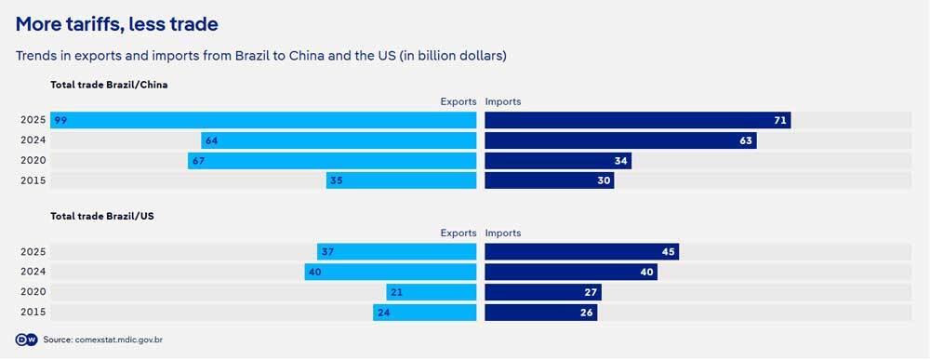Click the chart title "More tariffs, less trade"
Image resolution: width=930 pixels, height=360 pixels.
click(x=117, y=25)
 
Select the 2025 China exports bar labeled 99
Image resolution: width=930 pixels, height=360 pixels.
click(x=263, y=120)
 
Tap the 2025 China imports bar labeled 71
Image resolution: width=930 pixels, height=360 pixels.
click(x=638, y=120)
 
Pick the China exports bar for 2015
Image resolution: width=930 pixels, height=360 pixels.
click(x=401, y=180)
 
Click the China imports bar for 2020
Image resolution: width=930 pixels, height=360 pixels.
click(x=558, y=160)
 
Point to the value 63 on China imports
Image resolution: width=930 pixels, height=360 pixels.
click(x=746, y=140)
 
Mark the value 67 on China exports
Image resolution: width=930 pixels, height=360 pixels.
click(x=199, y=161)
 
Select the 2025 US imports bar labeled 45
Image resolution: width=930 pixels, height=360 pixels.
click(x=582, y=251)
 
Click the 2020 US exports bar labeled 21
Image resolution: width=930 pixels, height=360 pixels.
click(x=432, y=292)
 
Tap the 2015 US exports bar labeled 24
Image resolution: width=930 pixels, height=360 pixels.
click(x=425, y=312)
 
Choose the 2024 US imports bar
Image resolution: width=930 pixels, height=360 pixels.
click(x=571, y=272)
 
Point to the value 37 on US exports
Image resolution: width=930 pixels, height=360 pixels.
click(x=327, y=252)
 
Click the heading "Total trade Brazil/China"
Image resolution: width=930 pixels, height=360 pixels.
click(x=109, y=85)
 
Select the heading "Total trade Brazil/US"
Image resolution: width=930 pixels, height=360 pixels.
click(x=102, y=217)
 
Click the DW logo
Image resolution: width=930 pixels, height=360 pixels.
click(x=26, y=340)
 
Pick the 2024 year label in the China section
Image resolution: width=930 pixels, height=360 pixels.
click(x=33, y=140)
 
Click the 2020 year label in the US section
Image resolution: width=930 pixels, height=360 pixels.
click(x=33, y=292)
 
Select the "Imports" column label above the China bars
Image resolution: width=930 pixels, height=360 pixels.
click(x=503, y=101)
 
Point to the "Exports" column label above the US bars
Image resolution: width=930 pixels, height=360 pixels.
click(x=458, y=233)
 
